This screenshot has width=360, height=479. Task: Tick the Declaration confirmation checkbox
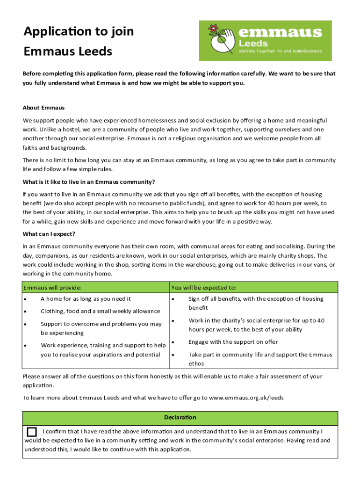pos(32,431)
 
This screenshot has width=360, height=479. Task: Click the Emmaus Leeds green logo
pos(265,41)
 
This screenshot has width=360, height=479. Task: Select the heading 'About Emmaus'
pos(43,108)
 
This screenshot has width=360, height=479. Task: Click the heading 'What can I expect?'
pos(49,234)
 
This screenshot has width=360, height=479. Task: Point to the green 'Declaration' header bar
pos(180,417)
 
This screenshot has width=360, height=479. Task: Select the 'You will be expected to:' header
pos(203,287)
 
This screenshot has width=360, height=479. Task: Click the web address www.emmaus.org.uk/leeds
pos(246,398)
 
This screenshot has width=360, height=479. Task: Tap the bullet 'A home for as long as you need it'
pos(86,299)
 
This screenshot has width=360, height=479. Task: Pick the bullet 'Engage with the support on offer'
pos(233,342)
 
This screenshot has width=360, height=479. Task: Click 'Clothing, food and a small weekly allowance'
pos(100,311)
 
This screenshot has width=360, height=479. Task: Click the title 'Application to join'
pos(79,31)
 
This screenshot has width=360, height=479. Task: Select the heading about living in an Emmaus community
pos(88,182)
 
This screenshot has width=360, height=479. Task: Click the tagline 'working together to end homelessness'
pos(280,51)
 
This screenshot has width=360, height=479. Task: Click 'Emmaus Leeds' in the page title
pos(68,51)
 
